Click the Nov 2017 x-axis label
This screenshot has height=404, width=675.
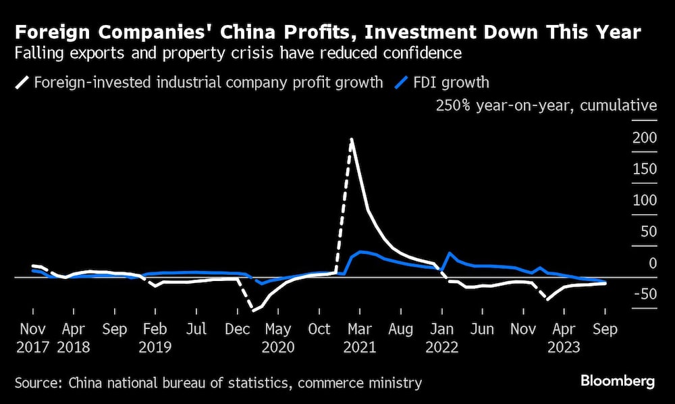coord(32,338)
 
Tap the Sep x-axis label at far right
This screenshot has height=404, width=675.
coord(604,330)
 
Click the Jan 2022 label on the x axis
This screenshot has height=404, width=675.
coord(442,338)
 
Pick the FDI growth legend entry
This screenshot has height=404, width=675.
coord(443,83)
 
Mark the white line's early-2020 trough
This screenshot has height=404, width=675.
coord(253,311)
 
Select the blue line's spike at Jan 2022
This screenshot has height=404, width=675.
coord(450,253)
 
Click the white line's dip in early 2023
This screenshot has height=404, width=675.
coord(547,299)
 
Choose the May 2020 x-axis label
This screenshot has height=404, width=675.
coord(278,338)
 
